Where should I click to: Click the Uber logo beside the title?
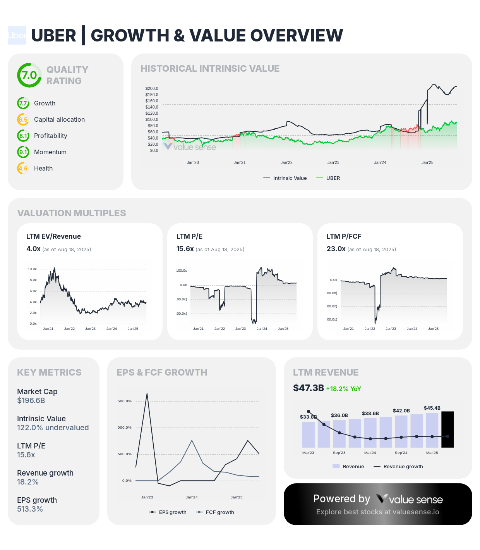coord(17,35)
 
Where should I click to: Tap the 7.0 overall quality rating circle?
coord(29,75)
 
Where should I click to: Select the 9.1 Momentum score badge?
coord(23,152)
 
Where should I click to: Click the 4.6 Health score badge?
coord(23,168)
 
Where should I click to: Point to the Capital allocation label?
coord(59,119)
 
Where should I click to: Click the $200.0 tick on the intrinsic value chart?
coord(152,88)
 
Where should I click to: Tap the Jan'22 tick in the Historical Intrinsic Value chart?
coord(286,162)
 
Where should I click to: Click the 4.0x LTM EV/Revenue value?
coord(33,249)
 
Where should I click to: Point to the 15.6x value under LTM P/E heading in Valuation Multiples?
coord(185,249)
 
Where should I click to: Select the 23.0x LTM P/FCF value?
coord(336,249)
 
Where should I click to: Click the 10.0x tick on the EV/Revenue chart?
coord(32,269)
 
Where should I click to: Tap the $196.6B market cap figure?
coord(31,400)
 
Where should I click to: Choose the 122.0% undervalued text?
coord(53,428)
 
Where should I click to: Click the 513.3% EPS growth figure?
coord(30,509)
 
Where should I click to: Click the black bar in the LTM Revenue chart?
coord(447,429)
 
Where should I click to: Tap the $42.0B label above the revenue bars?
coord(401,410)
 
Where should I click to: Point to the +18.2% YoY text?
coord(343,389)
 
